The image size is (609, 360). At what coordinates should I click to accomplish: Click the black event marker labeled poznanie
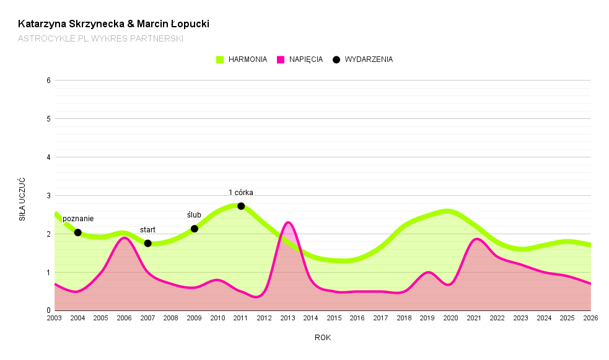(77, 232)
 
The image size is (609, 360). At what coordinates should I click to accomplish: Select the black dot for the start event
(147, 243)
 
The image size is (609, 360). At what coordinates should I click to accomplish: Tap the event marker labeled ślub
(194, 229)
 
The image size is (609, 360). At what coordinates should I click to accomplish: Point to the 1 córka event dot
(241, 206)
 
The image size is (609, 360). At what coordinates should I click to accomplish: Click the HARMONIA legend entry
(242, 59)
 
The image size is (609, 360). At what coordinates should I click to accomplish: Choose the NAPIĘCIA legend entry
(300, 59)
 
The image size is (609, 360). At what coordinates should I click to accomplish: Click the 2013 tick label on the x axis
(287, 318)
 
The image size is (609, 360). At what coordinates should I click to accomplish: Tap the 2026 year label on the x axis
(590, 318)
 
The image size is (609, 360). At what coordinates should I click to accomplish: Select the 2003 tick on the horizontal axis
(55, 318)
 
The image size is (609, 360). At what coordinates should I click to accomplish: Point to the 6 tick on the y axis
(48, 81)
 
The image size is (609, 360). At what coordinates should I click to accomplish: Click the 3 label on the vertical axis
(48, 196)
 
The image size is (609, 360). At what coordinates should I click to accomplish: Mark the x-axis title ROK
(322, 338)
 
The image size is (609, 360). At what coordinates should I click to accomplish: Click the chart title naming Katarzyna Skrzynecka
(113, 24)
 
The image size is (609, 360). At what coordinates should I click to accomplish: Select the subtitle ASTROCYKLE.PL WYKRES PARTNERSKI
(100, 38)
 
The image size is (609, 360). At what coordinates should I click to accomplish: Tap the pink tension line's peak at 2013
(287, 222)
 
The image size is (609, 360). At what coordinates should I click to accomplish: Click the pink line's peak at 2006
(124, 237)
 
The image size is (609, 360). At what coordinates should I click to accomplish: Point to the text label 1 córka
(241, 192)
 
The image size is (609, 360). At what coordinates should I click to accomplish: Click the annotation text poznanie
(78, 219)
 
